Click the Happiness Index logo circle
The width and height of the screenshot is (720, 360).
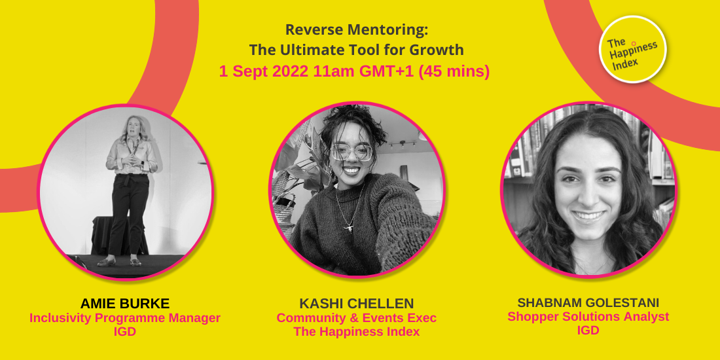point(632,50)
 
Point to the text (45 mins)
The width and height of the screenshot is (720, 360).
point(454,71)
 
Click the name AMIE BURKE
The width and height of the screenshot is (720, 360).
point(124,304)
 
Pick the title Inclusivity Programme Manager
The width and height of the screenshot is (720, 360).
point(124,318)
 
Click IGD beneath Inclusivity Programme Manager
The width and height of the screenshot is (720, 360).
point(124,332)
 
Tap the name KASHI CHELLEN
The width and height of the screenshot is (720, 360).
point(357,304)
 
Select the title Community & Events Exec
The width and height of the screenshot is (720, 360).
point(357,318)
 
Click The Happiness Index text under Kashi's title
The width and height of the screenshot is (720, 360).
point(357,332)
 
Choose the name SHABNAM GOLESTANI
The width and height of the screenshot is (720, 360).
point(588,303)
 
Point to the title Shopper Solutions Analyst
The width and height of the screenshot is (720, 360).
point(588,317)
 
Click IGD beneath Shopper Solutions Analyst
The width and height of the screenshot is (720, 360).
point(588,331)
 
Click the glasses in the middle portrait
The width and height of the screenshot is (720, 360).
point(352,153)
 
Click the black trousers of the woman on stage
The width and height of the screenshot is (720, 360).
point(128,216)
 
